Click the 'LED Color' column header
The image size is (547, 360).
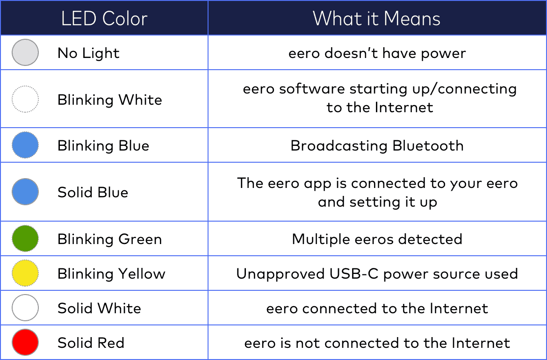point(104,19)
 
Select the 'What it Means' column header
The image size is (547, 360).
point(377,19)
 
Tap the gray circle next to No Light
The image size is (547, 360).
point(25,52)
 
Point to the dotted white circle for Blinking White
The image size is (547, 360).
point(25,99)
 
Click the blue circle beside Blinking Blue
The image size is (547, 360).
point(25,145)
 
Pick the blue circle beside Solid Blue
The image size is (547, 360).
point(25,192)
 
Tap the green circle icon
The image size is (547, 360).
point(25,238)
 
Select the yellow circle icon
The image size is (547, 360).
point(25,274)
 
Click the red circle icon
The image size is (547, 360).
point(25,342)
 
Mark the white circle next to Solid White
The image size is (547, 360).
point(25,308)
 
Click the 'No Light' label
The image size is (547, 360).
point(88,53)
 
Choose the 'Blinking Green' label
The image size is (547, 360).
point(109,239)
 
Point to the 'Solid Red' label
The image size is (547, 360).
point(91,343)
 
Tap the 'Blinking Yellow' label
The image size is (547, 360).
point(111,274)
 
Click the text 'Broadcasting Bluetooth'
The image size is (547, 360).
point(377,145)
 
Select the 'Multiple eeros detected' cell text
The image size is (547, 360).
point(377,239)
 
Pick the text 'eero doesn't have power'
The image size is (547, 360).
point(377,53)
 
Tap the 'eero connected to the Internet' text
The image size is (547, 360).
point(377,308)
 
